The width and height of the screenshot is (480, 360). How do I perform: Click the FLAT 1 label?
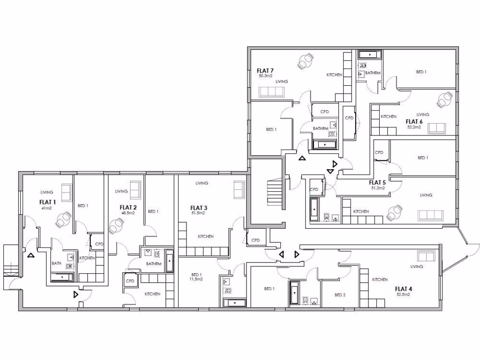tap(47, 202)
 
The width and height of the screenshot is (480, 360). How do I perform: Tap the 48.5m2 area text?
tap(128, 213)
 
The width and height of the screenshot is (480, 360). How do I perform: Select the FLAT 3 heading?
tap(199, 207)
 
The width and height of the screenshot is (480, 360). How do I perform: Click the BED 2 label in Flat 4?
tap(340, 295)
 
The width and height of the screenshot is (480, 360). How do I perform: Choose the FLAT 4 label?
tap(403, 289)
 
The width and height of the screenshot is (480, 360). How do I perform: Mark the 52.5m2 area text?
tap(403, 295)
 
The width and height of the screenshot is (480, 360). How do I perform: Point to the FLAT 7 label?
tap(265, 70)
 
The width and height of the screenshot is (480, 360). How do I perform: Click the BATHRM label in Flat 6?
tap(373, 73)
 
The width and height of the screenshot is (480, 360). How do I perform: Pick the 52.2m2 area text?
tap(414, 127)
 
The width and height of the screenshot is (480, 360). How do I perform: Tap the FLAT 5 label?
tap(377, 182)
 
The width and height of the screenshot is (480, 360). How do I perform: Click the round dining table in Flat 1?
tap(64, 218)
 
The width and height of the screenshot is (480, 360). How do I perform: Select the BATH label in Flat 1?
tap(56, 263)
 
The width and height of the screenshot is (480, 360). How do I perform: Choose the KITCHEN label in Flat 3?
tap(205, 237)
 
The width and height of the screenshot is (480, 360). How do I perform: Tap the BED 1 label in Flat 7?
tap(271, 129)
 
